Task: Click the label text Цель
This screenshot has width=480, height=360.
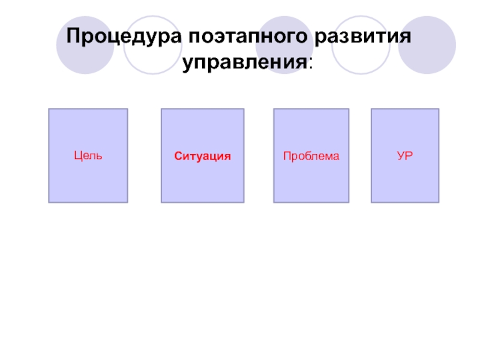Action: point(88,156)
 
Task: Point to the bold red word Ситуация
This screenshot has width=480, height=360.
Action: point(203,156)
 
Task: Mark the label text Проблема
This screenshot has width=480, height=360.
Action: point(311,156)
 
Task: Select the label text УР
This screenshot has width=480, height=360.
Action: point(405,156)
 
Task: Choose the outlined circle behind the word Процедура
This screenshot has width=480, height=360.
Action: point(152,44)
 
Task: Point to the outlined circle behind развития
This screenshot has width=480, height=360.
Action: point(361,44)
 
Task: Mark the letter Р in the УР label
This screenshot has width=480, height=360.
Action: point(409,156)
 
